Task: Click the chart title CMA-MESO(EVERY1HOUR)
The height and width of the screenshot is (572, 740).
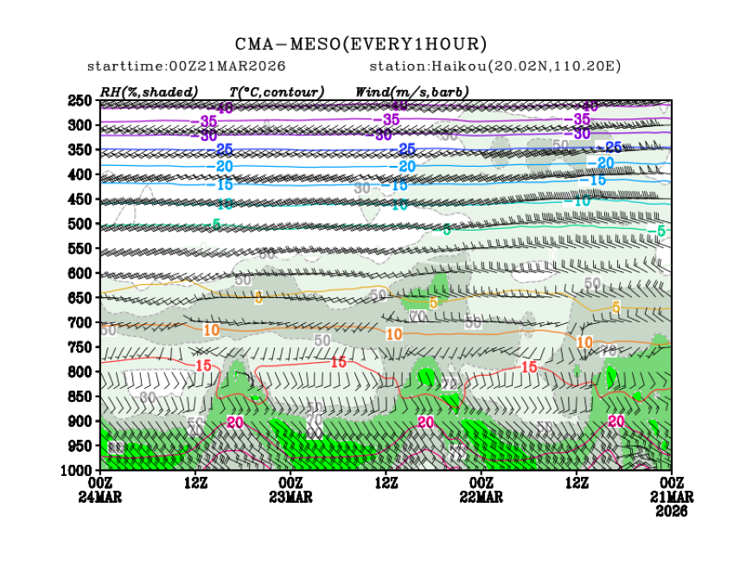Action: [x=360, y=44]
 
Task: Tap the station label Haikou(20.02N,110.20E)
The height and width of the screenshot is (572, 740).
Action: [x=495, y=67]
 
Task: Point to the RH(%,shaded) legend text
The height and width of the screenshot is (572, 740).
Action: [x=150, y=92]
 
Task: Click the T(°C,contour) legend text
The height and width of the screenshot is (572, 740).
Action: [x=277, y=92]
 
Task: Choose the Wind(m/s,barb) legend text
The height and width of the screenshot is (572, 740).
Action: [x=411, y=92]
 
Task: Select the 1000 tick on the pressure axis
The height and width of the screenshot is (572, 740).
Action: [x=80, y=469]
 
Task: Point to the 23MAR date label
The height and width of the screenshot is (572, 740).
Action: [x=290, y=498]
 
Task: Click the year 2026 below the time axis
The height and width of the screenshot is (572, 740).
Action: [x=672, y=512]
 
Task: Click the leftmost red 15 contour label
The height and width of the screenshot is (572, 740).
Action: [x=203, y=366]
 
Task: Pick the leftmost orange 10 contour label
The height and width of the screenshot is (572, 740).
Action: [x=211, y=330]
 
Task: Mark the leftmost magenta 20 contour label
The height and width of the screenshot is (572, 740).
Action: [x=234, y=422]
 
